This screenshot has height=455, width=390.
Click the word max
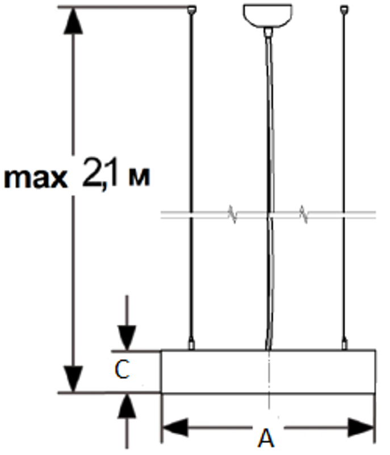(x=36, y=178)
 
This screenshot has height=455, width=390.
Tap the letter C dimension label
(x=122, y=370)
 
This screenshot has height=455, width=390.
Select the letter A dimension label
(x=266, y=438)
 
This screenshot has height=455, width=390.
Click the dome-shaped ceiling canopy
(x=267, y=16)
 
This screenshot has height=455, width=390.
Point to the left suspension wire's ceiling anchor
(x=192, y=10)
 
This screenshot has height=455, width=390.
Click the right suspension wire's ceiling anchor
(x=344, y=10)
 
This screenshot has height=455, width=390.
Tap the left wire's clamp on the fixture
(x=191, y=344)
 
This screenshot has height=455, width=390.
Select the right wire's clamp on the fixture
(x=344, y=344)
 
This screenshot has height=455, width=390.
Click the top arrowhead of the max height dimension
(x=73, y=21)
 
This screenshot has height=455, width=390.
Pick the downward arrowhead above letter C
(x=127, y=338)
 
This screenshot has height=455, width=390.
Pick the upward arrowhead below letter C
(x=127, y=406)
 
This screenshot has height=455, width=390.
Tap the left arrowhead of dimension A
(x=175, y=428)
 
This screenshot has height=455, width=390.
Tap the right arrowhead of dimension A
(x=360, y=428)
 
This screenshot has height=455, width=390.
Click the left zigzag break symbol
(x=233, y=214)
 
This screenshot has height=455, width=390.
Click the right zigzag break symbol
(x=304, y=214)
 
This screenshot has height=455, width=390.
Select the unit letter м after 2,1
(x=139, y=177)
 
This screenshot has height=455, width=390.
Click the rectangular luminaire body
(x=269, y=372)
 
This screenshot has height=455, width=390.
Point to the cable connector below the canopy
(x=269, y=32)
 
